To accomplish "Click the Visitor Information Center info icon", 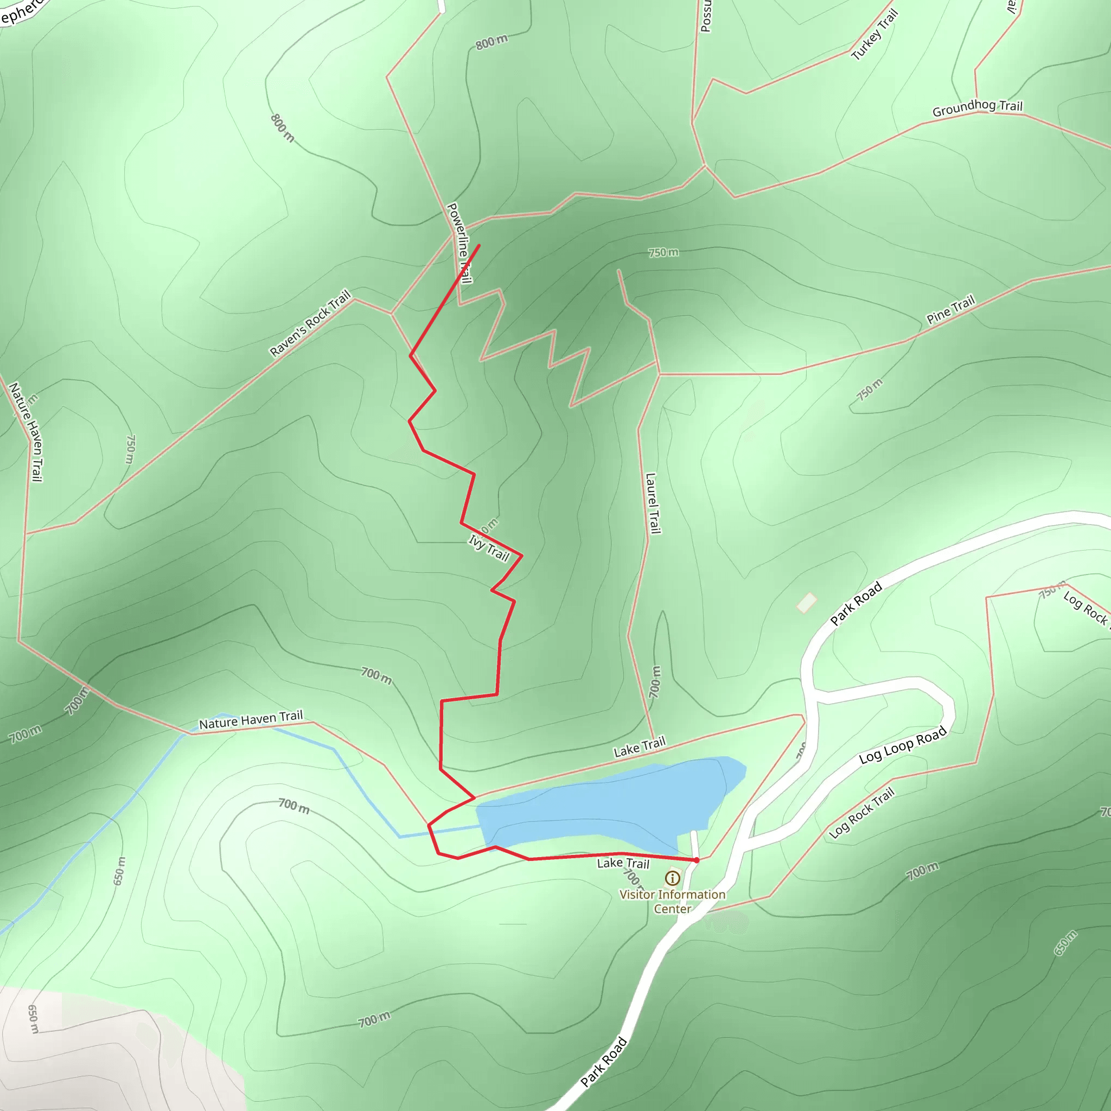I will pyautogui.click(x=672, y=878).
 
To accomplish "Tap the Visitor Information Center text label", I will pyautogui.click(x=672, y=901).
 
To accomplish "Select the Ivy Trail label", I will pyautogui.click(x=489, y=548).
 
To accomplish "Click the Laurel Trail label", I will pyautogui.click(x=652, y=504).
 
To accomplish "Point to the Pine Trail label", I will pyautogui.click(x=950, y=310).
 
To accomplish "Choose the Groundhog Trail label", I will pyautogui.click(x=978, y=107).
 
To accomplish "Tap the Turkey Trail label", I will pyautogui.click(x=874, y=35).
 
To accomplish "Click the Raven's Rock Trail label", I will pyautogui.click(x=310, y=323).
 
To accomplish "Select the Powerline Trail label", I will pyautogui.click(x=459, y=243).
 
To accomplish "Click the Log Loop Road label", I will pyautogui.click(x=903, y=746).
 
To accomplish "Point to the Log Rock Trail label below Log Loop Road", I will pyautogui.click(x=862, y=813).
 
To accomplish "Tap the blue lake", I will pyautogui.click(x=610, y=805).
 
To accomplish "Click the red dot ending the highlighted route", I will pyautogui.click(x=697, y=860).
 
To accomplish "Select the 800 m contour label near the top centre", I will pyautogui.click(x=491, y=42).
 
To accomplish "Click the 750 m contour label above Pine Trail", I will pyautogui.click(x=663, y=252).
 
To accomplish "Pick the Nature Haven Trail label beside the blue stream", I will pyautogui.click(x=251, y=719).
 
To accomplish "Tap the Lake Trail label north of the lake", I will pyautogui.click(x=640, y=746).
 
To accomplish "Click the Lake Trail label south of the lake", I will pyautogui.click(x=623, y=863).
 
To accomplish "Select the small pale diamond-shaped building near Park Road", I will pyautogui.click(x=807, y=603).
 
